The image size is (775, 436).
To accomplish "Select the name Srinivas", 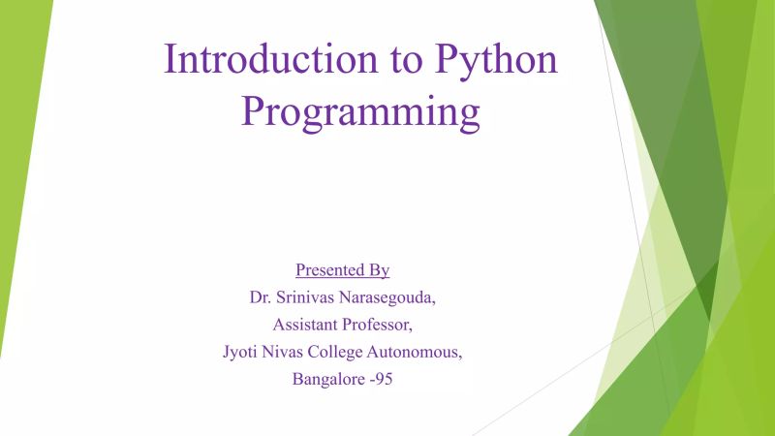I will (x=313, y=296).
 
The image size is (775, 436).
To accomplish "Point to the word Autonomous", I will (x=425, y=351).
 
